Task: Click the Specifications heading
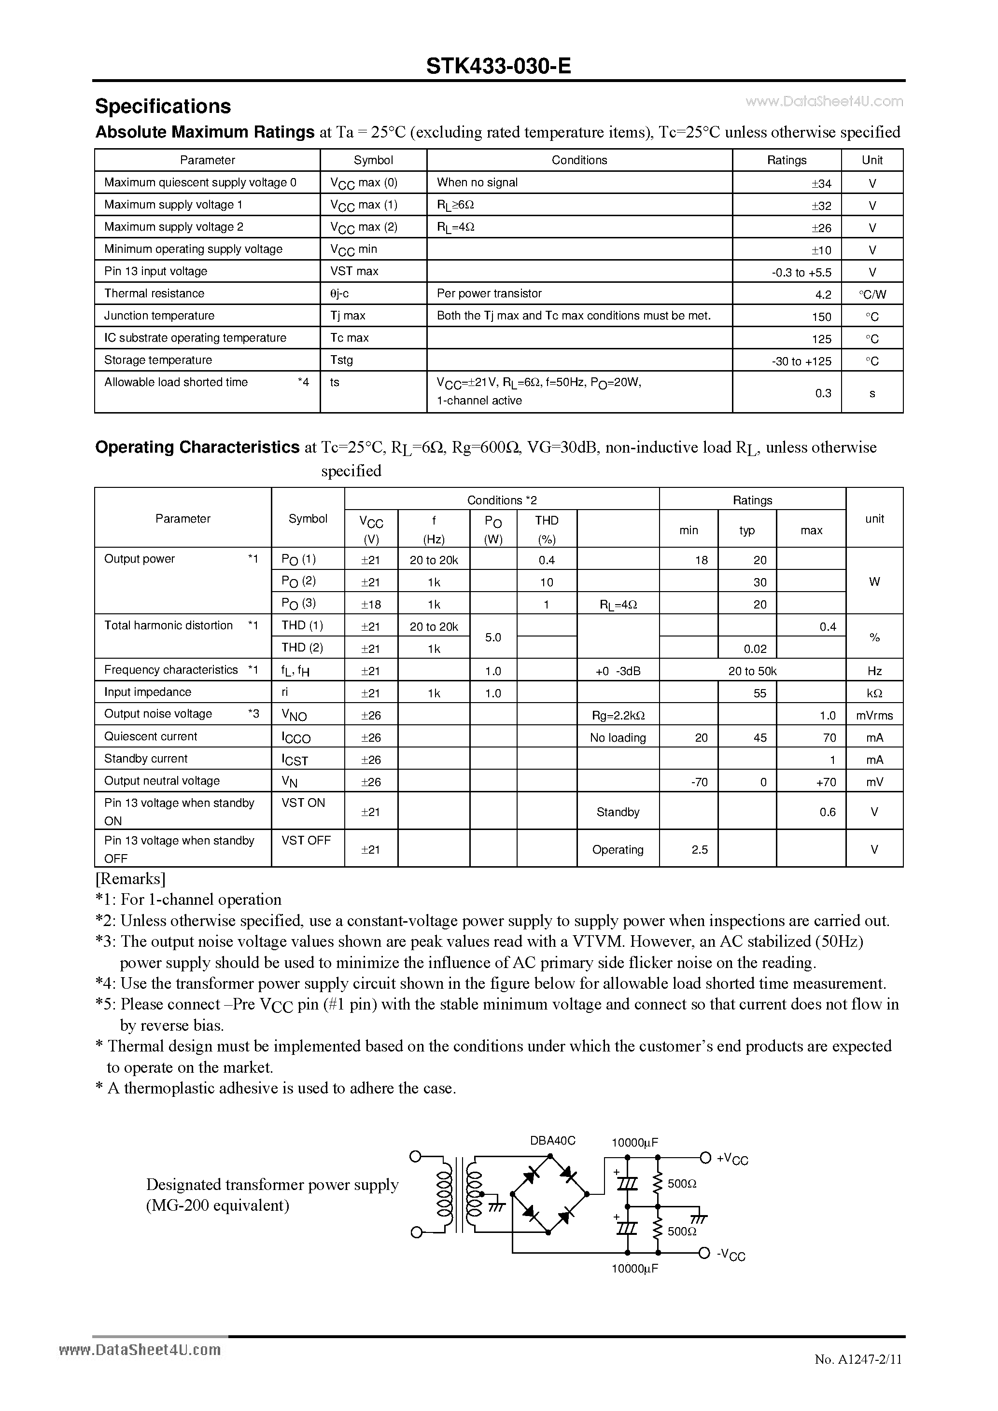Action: (163, 106)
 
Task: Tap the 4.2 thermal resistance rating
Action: (823, 294)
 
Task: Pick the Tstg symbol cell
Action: (341, 360)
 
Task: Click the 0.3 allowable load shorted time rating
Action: (823, 393)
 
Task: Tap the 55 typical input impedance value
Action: (759, 693)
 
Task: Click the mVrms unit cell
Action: (874, 715)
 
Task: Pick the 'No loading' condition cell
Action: (618, 737)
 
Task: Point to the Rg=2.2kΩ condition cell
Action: (618, 715)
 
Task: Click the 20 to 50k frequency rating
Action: (752, 671)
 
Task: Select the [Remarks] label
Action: (130, 878)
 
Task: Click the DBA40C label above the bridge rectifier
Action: (552, 1141)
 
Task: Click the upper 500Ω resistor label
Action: (681, 1183)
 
